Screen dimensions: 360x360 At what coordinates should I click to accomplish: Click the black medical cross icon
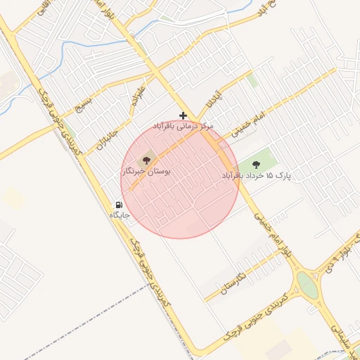pyautogui.click(x=184, y=115)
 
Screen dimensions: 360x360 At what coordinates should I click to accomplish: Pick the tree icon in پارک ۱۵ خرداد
pyautogui.click(x=255, y=163)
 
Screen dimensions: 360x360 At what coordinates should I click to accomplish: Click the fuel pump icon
pyautogui.click(x=119, y=205)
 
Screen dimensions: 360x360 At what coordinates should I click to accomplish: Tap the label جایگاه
pyautogui.click(x=120, y=215)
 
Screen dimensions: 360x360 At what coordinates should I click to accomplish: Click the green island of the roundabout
pyautogui.click(x=307, y=285)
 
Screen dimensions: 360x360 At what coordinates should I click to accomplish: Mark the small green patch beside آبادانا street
pyautogui.click(x=252, y=80)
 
